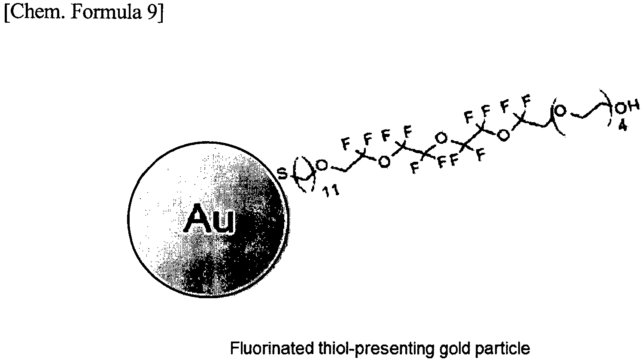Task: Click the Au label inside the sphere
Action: [x=210, y=219]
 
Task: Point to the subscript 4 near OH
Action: [x=623, y=126]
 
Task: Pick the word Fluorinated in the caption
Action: [x=272, y=348]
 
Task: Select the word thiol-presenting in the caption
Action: [x=375, y=349]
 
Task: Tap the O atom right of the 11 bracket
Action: [x=322, y=165]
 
